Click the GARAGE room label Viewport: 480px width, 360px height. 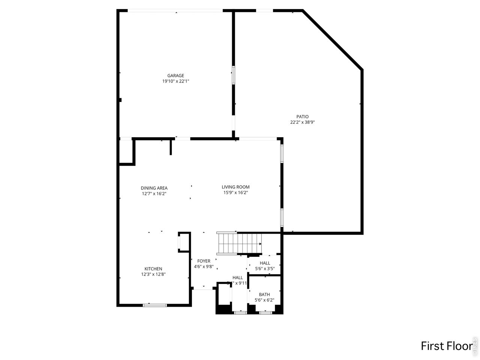(x=175, y=75)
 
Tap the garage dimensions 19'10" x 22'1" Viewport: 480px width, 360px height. (x=175, y=81)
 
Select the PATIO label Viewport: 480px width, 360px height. (x=302, y=117)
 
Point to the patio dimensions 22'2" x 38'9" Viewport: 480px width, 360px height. (x=302, y=122)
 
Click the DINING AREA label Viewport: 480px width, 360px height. (x=154, y=188)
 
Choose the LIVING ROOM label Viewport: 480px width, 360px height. (x=235, y=187)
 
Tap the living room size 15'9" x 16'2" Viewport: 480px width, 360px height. (x=235, y=193)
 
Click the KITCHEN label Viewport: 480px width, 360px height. (x=153, y=268)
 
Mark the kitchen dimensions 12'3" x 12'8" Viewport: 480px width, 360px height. (x=153, y=274)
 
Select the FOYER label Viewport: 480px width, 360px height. (x=204, y=261)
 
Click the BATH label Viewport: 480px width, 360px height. (x=264, y=294)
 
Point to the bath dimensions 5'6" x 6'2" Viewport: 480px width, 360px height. (x=264, y=300)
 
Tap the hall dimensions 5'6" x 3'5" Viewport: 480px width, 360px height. (x=265, y=268)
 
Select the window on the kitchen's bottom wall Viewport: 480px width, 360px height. (x=155, y=305)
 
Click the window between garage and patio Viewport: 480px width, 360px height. (x=233, y=75)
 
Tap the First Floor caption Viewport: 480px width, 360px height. (x=446, y=345)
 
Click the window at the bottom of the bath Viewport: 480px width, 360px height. (x=265, y=312)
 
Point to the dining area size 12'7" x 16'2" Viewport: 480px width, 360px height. (x=154, y=194)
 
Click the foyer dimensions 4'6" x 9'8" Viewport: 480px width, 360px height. (x=204, y=267)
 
